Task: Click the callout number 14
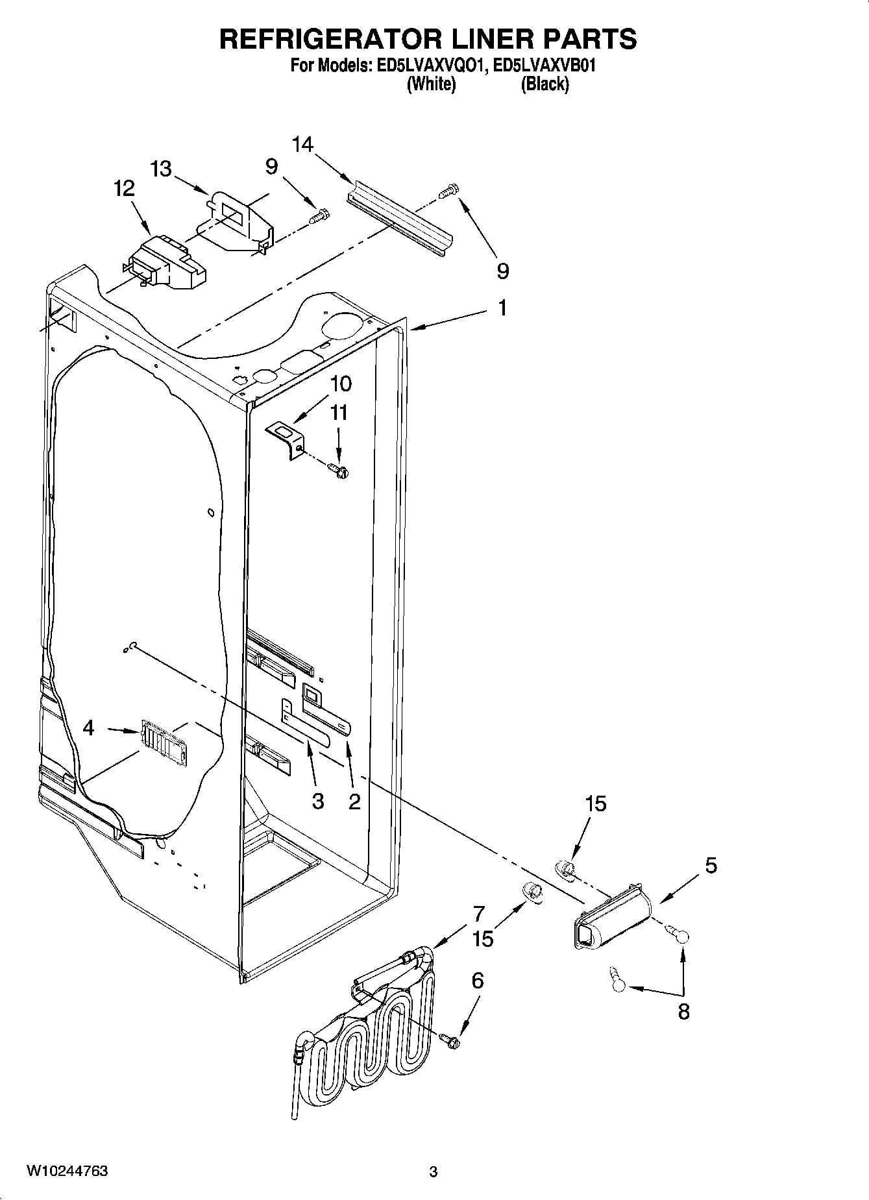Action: pos(302,144)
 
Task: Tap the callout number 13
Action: pos(161,169)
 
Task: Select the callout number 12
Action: pos(124,189)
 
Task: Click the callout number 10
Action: pos(340,384)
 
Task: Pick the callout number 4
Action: pos(89,728)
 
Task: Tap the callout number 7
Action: pos(478,914)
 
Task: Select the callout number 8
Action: pos(683,1012)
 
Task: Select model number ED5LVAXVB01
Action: pos(545,66)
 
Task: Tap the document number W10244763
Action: pos(67,1171)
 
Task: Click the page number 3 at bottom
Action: pos(434,1172)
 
